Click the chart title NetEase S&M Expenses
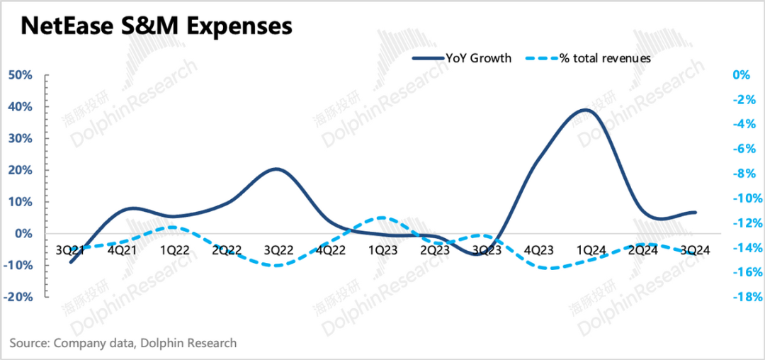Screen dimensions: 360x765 [156, 26]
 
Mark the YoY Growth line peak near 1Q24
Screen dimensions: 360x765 [582, 110]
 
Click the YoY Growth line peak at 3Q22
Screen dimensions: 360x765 [276, 169]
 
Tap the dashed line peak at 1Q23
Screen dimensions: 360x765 [381, 218]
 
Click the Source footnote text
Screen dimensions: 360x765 [123, 343]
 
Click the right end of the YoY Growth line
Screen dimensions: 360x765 [696, 212]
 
